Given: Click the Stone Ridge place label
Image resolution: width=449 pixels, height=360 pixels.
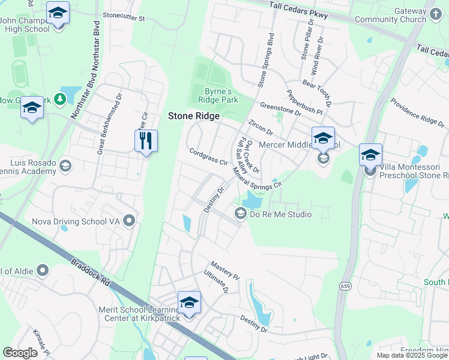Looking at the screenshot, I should (x=193, y=116).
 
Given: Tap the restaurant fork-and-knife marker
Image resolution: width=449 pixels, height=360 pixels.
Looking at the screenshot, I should (x=146, y=142).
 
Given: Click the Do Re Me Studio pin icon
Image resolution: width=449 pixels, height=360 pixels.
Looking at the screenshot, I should (x=240, y=214).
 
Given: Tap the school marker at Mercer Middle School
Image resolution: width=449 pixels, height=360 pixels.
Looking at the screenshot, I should (x=323, y=139).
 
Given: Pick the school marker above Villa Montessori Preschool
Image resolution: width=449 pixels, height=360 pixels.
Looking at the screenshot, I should (x=370, y=154).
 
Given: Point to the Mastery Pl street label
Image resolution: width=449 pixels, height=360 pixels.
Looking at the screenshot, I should (x=225, y=268).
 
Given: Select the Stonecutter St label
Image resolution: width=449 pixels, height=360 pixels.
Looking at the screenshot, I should (x=124, y=18).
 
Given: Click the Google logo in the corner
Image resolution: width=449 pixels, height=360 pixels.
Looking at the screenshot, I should (x=20, y=353).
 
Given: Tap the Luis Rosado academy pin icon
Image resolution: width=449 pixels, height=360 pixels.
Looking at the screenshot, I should (x=65, y=166).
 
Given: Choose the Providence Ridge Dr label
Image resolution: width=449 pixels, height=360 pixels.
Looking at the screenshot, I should (x=418, y=112).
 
